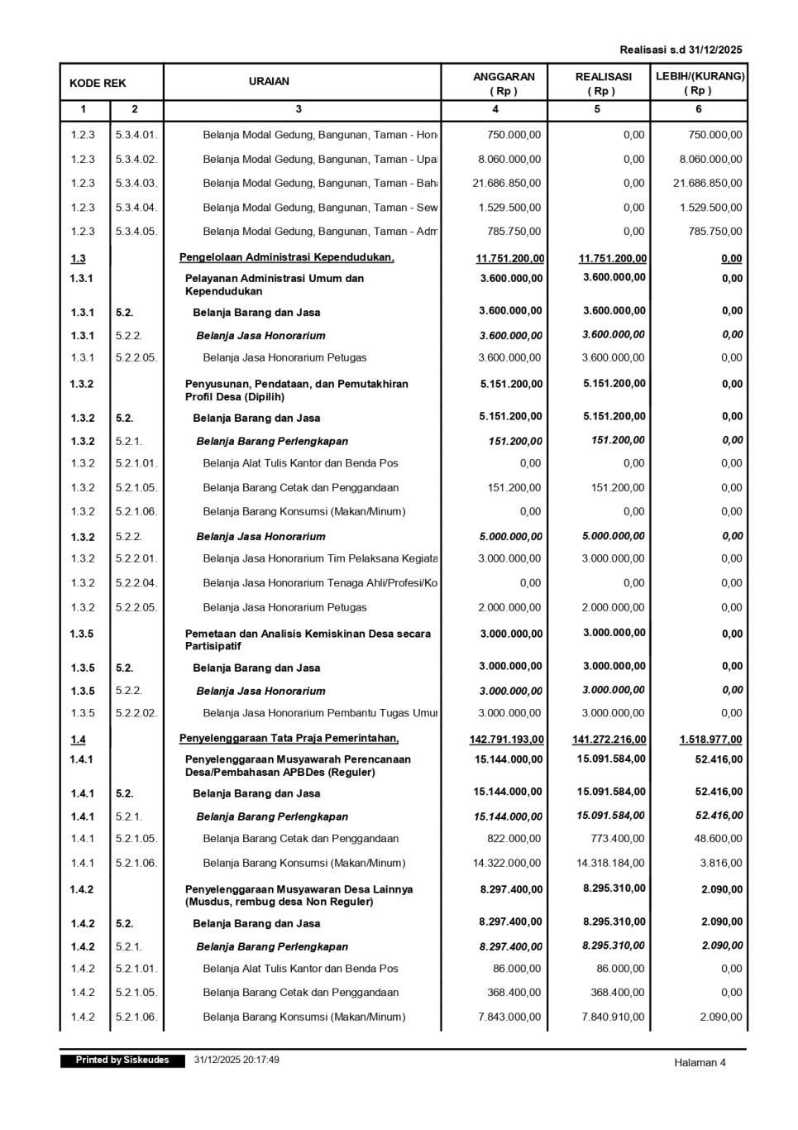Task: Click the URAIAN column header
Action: click(269, 81)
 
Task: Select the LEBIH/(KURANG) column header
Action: click(700, 83)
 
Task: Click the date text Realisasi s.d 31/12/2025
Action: click(681, 50)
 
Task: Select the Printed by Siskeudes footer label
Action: click(122, 1060)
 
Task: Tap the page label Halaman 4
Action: click(700, 1062)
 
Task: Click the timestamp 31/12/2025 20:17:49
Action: click(237, 1060)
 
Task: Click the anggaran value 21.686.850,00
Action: click(507, 183)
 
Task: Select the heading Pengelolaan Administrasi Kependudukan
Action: click(286, 258)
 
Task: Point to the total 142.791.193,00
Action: click(506, 740)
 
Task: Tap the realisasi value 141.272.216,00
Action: click(609, 740)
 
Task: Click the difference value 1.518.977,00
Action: click(710, 740)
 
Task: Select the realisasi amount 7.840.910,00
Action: click(613, 1017)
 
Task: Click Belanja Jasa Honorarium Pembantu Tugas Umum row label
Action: click(320, 713)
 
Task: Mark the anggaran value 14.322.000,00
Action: click(507, 863)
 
